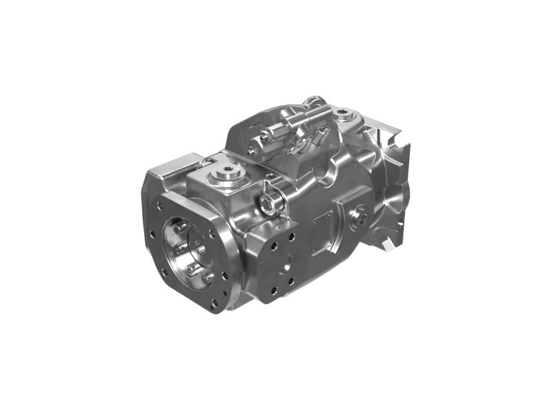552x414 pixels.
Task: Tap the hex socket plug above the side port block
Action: pyautogui.click(x=270, y=201)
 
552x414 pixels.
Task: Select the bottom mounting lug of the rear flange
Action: pyautogui.click(x=388, y=241)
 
